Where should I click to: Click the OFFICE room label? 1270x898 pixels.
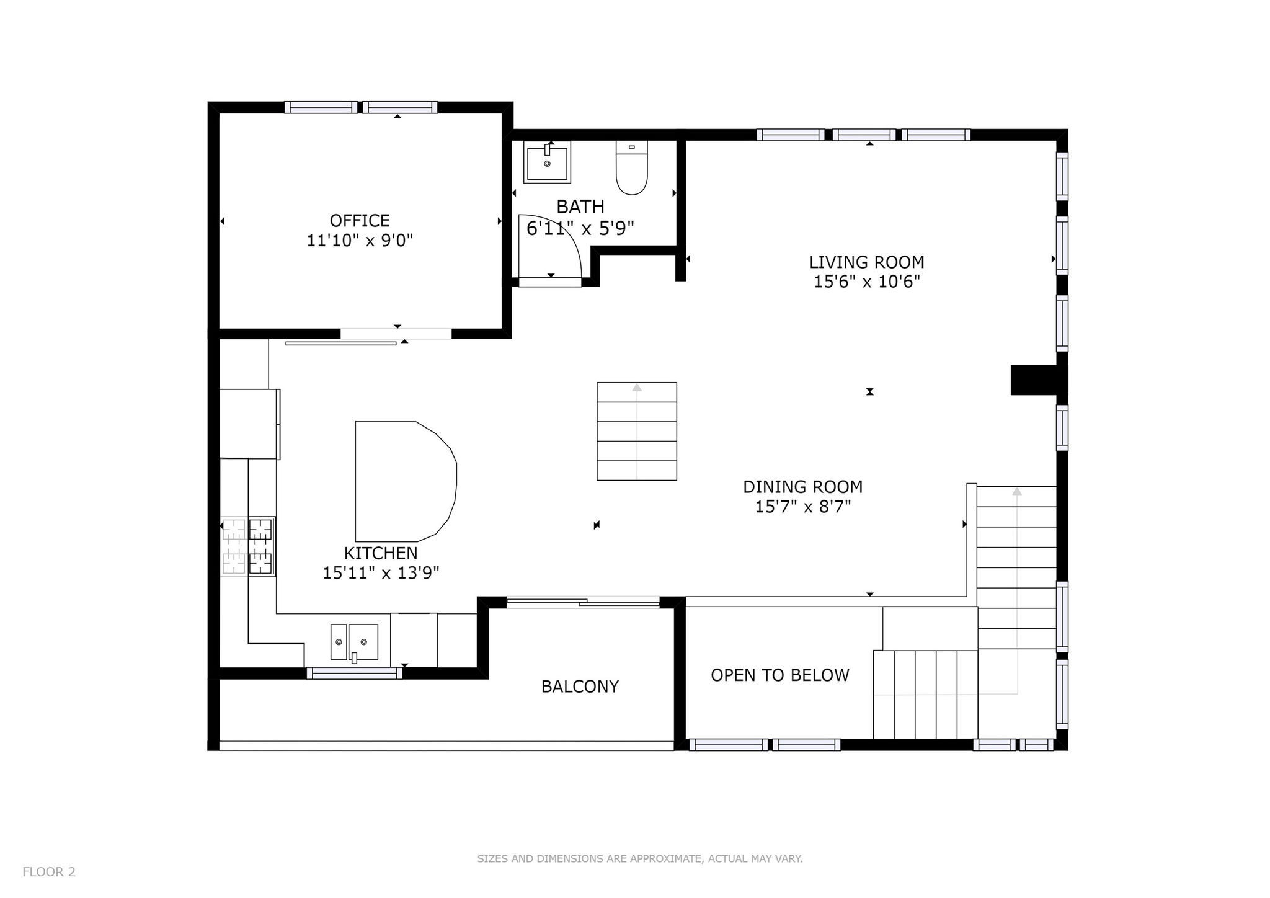coord(360,221)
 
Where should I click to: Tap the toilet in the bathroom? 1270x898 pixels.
coord(631,167)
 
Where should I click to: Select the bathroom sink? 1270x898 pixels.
coord(547,162)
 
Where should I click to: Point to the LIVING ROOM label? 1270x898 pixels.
coord(866,262)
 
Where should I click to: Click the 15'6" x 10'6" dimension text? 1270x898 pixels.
coord(866,282)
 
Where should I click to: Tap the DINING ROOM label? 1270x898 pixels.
coord(802,487)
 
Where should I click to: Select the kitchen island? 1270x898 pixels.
coord(406,481)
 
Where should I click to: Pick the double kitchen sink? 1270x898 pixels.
coord(354,642)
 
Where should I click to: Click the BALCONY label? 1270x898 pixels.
coord(580,687)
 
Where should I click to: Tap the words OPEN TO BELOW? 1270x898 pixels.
coord(779,675)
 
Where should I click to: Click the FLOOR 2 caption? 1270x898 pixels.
coord(49,872)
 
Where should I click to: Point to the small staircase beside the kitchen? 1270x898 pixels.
coord(637,431)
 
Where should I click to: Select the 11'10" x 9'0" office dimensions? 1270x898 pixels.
coord(360,241)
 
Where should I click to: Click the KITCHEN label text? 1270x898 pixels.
coord(381,553)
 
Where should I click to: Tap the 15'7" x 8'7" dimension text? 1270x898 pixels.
coord(802,507)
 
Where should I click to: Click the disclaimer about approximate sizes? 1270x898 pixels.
coord(640,859)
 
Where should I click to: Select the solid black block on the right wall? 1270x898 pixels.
coord(1034,380)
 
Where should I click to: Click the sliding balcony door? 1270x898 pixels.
coord(583,601)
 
